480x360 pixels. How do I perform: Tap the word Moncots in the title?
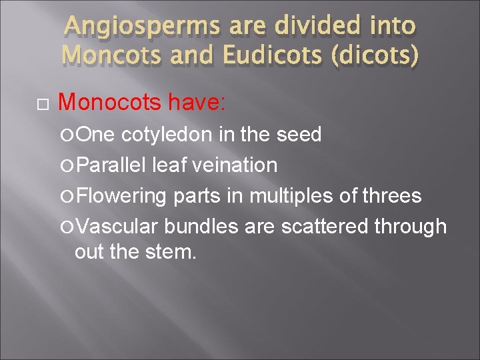click(107, 55)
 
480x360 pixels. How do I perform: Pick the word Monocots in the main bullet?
click(110, 102)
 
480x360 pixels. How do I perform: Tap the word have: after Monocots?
click(198, 102)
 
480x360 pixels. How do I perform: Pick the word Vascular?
click(117, 227)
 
